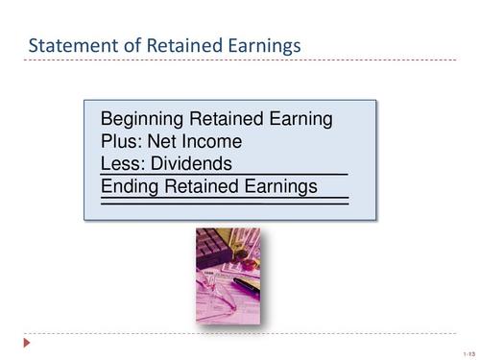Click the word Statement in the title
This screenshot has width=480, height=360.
(69, 45)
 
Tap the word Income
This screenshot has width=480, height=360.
(216, 142)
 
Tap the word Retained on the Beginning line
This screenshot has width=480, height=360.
(224, 120)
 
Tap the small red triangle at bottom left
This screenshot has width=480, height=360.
(28, 341)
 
